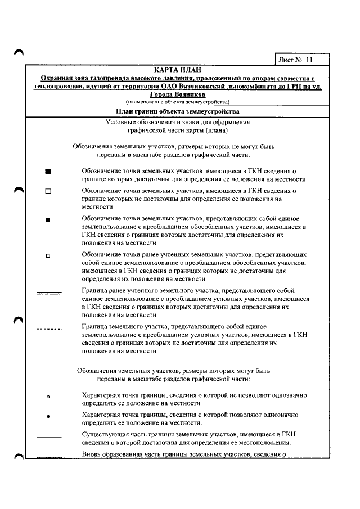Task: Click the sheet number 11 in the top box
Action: click(309, 60)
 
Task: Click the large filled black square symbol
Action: click(48, 170)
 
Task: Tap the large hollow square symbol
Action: click(48, 191)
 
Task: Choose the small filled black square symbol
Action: click(48, 220)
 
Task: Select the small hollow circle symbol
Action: click(48, 397)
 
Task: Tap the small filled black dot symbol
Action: click(48, 417)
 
